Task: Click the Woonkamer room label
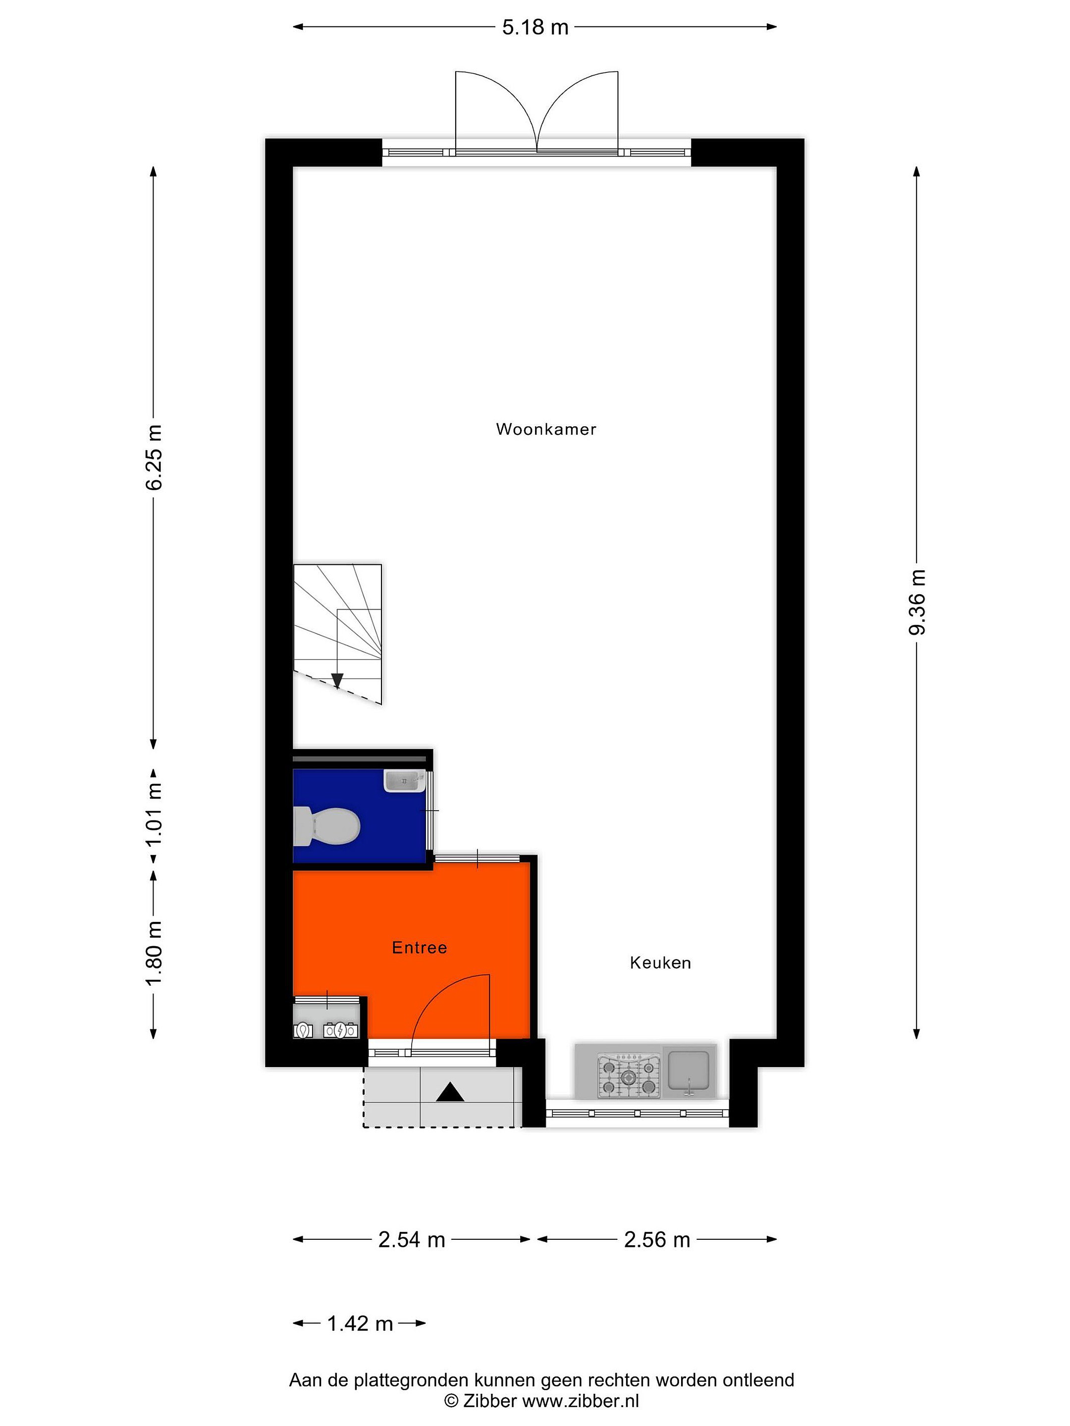coord(545,429)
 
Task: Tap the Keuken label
coord(660,963)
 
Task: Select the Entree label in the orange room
coord(419,948)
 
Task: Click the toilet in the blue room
coord(326,826)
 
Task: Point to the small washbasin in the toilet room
coord(404,781)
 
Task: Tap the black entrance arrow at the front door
coord(450,1093)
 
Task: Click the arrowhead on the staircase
coord(337,681)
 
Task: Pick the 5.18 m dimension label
coord(535,27)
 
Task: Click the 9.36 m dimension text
coord(916,602)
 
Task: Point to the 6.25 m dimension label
coord(154,457)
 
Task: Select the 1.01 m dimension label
coord(154,814)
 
